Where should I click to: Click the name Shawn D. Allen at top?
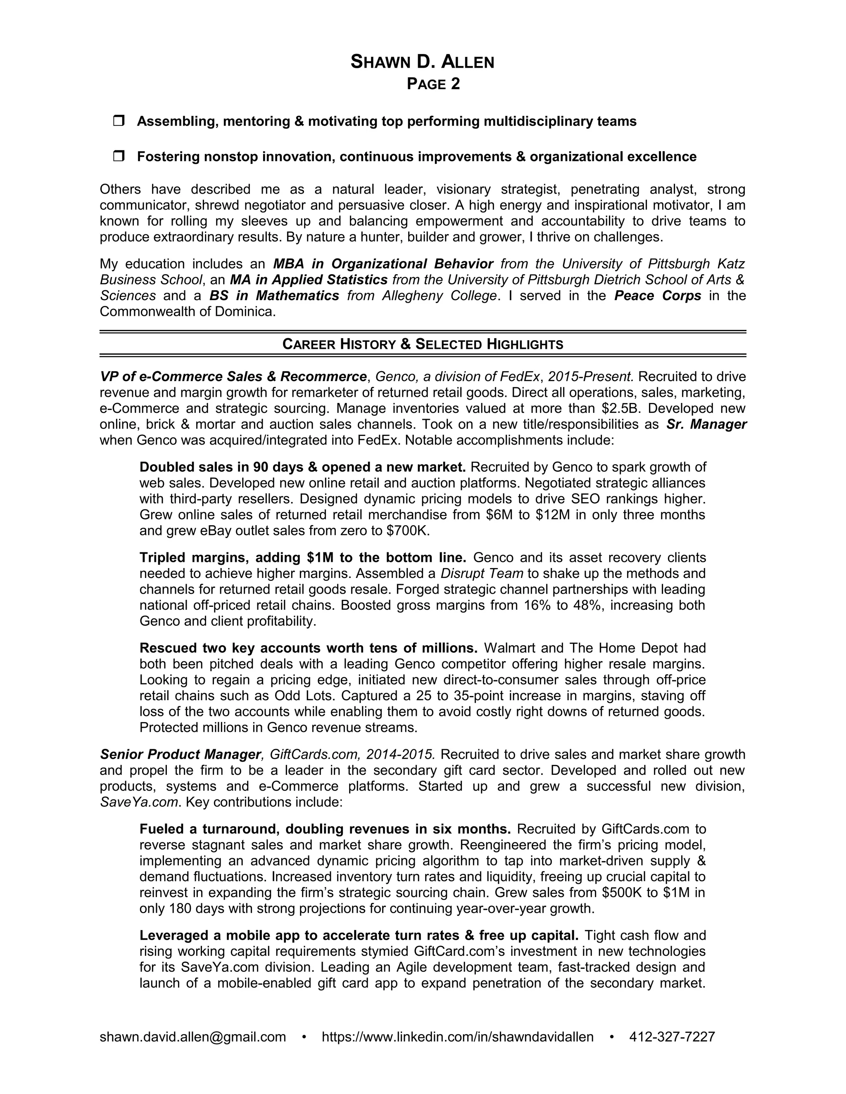coord(422,62)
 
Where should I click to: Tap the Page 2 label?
coord(433,84)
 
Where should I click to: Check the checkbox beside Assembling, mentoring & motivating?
coord(119,121)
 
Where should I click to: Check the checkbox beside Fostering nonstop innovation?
coord(119,156)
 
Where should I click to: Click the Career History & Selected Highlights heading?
coord(423,344)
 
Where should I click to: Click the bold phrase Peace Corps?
coord(657,296)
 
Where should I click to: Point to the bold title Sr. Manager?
coord(706,424)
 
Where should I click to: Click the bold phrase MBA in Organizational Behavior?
coord(383,263)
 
